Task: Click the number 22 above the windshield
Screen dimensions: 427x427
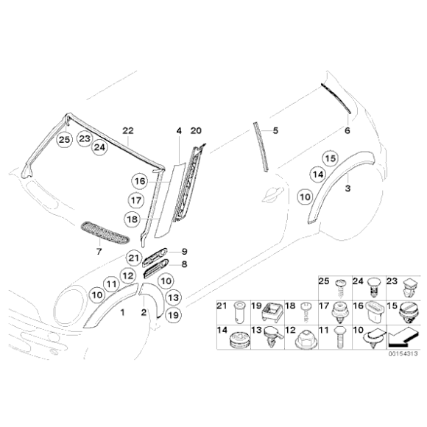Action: pos(127,130)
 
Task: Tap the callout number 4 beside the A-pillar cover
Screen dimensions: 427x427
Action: pos(178,130)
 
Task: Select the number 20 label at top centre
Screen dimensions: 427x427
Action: pos(195,130)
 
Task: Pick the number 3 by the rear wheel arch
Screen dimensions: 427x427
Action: pos(347,188)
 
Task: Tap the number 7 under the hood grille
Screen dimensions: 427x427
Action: pos(99,252)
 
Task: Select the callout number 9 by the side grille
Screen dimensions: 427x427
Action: pos(185,251)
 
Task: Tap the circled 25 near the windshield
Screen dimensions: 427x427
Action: pos(66,138)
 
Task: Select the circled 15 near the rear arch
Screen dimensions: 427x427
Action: pos(330,158)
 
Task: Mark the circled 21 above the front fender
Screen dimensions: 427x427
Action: pos(133,257)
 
